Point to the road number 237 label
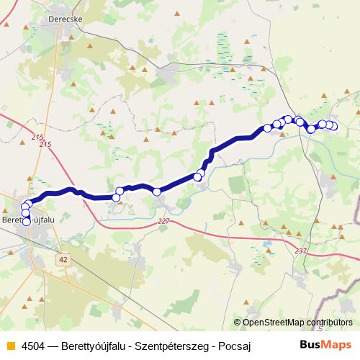click(x=300, y=251)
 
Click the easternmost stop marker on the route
click(x=333, y=127)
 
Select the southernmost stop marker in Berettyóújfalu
click(x=27, y=221)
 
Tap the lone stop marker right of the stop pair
click(x=156, y=191)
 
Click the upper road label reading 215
click(x=37, y=137)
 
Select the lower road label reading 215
click(x=46, y=145)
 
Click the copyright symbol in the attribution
click(x=238, y=323)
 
